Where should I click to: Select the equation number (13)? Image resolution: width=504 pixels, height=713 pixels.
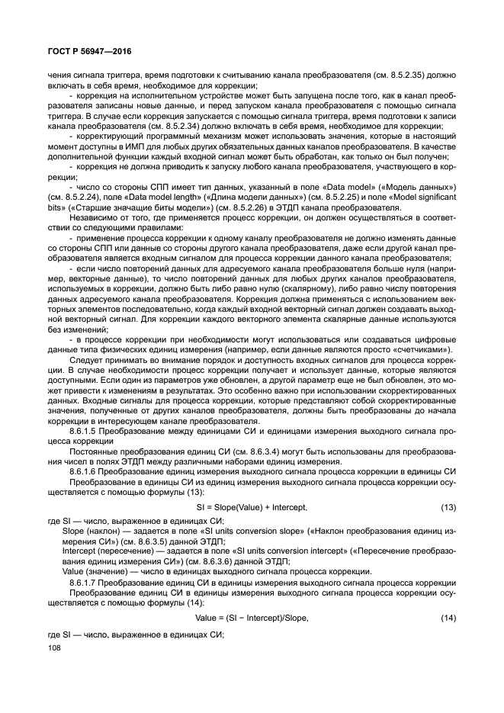[448, 506]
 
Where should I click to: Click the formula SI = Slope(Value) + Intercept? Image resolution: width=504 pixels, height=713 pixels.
[252, 506]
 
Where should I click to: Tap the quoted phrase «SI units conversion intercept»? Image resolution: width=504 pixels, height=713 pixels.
[258, 551]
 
